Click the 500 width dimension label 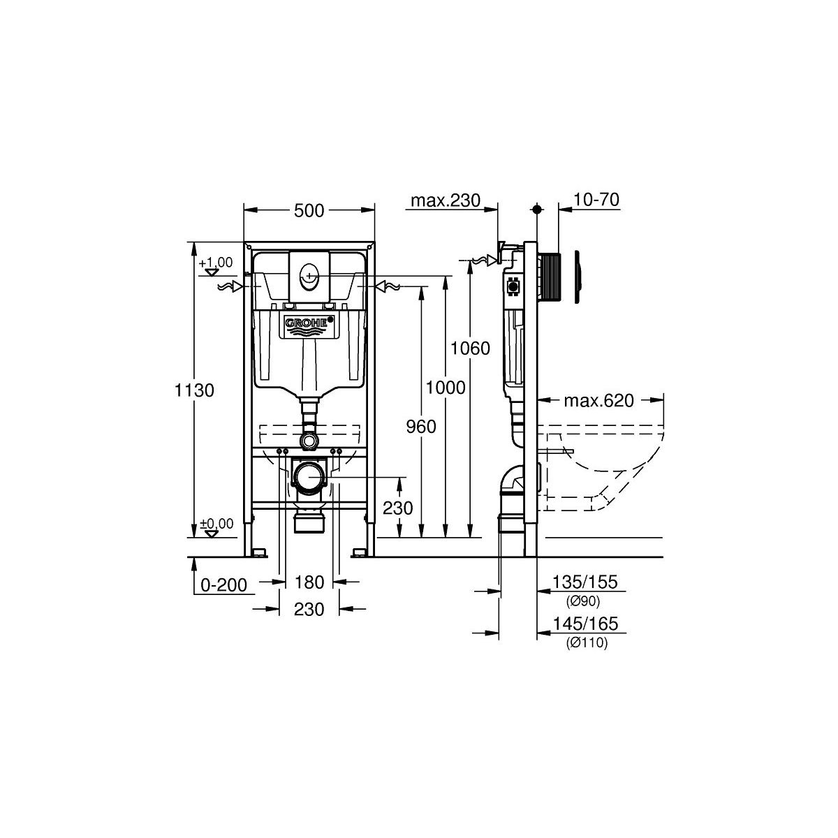[x=309, y=211]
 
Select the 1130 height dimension [x=194, y=390]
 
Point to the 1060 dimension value [x=470, y=348]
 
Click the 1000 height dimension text [x=446, y=387]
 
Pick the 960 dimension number [x=421, y=427]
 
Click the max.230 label [x=446, y=200]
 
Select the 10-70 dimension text [x=596, y=200]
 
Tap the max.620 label [x=598, y=401]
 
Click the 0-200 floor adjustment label [x=223, y=585]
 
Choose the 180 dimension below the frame [x=309, y=582]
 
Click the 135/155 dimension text [x=585, y=582]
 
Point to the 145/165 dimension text [x=585, y=624]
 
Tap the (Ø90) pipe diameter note [x=583, y=601]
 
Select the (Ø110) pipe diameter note [x=587, y=642]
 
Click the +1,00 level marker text [x=216, y=263]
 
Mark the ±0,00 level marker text [x=216, y=523]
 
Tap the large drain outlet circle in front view [x=309, y=478]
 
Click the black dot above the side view [x=537, y=209]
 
